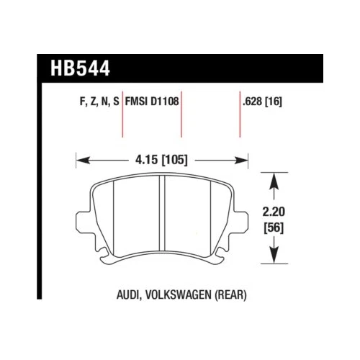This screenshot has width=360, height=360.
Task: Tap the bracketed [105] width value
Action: (x=175, y=160)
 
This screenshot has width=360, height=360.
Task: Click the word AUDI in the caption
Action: (x=130, y=296)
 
